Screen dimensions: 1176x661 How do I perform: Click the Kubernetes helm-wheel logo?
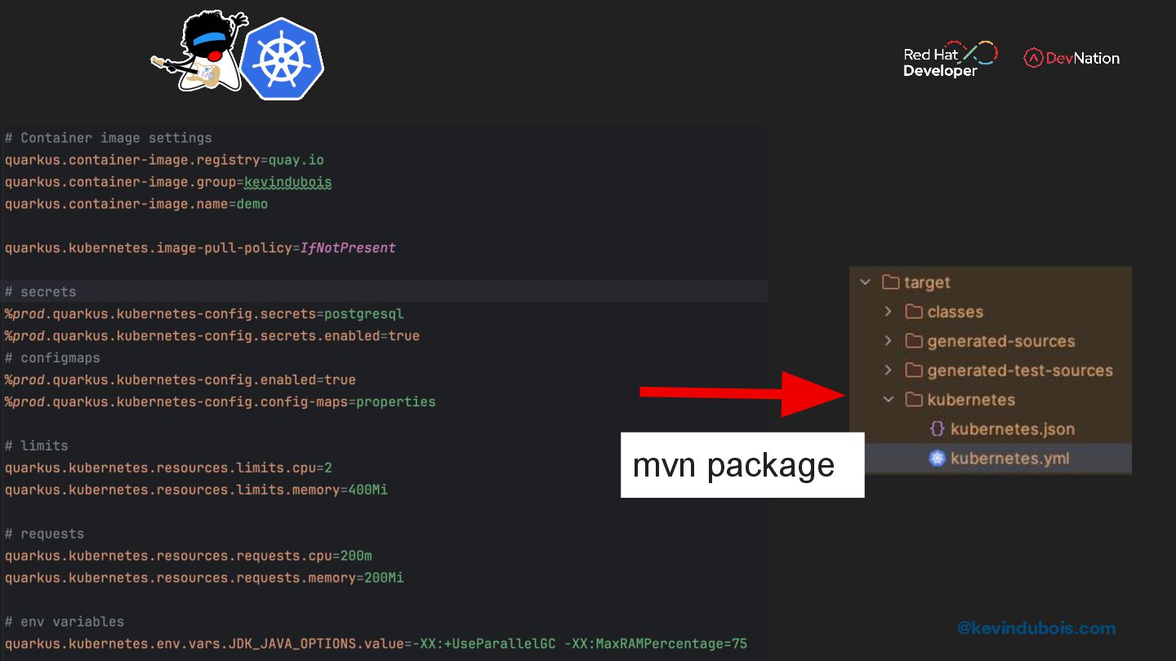(282, 59)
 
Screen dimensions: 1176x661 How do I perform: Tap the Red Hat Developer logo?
(950, 60)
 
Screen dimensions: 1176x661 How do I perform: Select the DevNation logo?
(1071, 58)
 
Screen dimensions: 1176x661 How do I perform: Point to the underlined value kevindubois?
(287, 182)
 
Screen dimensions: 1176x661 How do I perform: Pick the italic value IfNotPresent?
(348, 248)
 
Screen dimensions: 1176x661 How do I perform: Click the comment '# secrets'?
(41, 292)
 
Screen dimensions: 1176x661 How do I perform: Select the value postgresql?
(363, 314)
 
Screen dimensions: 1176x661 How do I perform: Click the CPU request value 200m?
(356, 557)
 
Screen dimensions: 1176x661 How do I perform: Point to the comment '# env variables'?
(65, 622)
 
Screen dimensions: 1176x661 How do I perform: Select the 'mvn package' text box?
(742, 465)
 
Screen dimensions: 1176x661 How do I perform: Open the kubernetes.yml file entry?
(1009, 459)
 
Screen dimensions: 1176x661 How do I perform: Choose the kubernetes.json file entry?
(1012, 429)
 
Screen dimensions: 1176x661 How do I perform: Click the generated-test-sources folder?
(1019, 370)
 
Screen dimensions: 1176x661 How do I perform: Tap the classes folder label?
(955, 312)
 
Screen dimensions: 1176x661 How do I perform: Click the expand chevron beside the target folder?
(866, 282)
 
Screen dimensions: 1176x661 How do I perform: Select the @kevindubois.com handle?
(1036, 628)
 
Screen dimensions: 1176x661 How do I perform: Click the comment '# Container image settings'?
(109, 138)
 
